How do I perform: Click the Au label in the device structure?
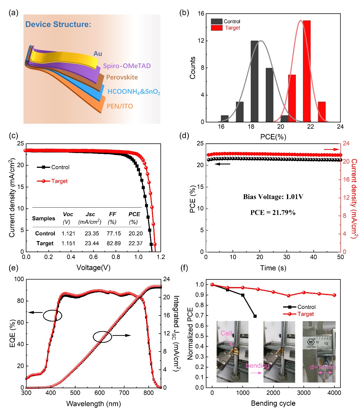click(98, 54)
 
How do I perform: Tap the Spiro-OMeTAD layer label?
click(127, 66)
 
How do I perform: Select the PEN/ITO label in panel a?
click(120, 106)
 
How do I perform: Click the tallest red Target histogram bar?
click(307, 71)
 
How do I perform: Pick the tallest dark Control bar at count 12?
click(254, 81)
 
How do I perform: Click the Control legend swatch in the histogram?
click(217, 22)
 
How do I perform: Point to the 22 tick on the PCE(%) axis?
click(310, 127)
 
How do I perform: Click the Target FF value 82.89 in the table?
click(114, 243)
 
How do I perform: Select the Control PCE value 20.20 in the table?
click(135, 233)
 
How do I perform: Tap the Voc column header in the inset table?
click(68, 214)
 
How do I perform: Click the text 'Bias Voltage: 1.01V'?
click(273, 197)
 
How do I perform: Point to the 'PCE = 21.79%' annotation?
click(273, 213)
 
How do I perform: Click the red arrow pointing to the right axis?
click(331, 149)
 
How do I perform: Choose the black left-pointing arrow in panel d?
click(222, 164)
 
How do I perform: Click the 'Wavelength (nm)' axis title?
click(93, 404)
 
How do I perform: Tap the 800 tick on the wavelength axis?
click(148, 393)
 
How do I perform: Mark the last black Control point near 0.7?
click(255, 316)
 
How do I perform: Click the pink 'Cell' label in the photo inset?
click(226, 333)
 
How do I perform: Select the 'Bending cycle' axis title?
click(273, 403)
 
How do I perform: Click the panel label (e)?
click(13, 268)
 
